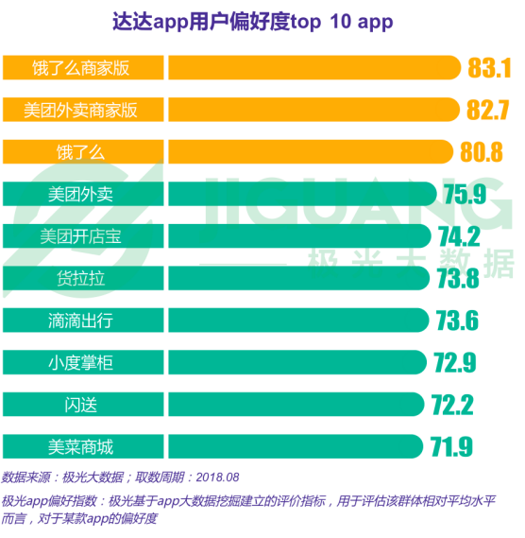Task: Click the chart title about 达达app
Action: tap(253, 22)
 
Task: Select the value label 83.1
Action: tap(489, 67)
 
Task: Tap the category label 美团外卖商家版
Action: tap(80, 110)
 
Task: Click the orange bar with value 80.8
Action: tap(311, 151)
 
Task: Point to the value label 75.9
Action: tap(465, 194)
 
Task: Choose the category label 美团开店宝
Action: tap(80, 236)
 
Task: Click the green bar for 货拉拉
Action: tap(298, 278)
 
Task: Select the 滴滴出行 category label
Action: tap(80, 321)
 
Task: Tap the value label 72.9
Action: tap(455, 362)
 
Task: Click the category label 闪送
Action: tap(80, 405)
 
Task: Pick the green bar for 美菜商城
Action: tap(296, 446)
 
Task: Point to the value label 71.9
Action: tap(451, 446)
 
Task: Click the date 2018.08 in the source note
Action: tap(217, 477)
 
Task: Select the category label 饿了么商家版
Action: tap(80, 68)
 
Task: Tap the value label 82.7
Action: tap(488, 110)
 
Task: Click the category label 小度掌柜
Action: tap(80, 363)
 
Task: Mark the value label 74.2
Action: tap(459, 236)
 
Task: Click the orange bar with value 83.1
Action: tap(314, 67)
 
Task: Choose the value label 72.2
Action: tap(452, 405)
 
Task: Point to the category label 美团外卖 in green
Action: tap(80, 194)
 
